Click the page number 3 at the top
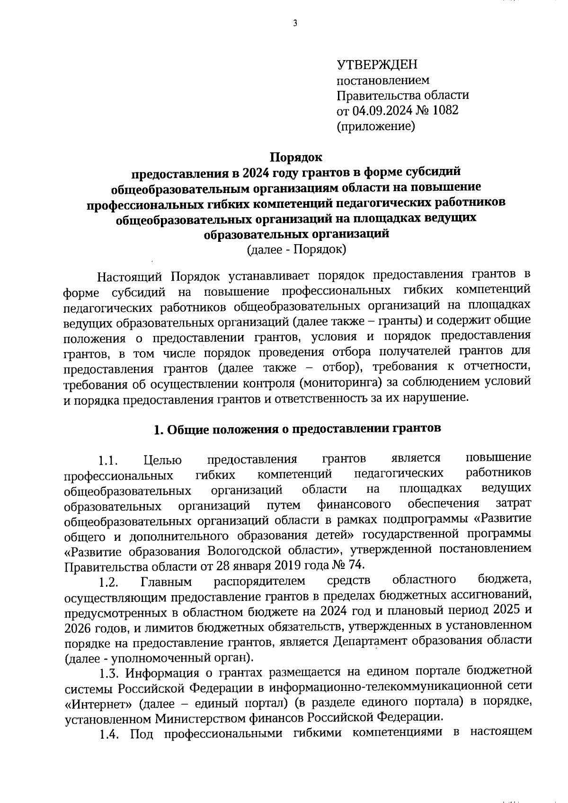pos(295,24)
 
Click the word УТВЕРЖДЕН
pos(377,64)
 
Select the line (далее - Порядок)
pos(296,249)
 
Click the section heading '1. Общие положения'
pos(297,429)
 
